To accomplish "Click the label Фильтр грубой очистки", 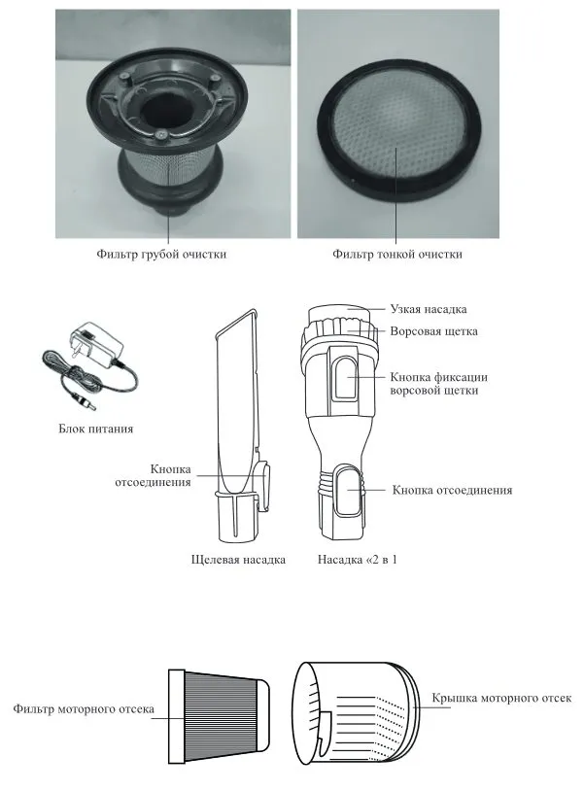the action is tap(161, 254).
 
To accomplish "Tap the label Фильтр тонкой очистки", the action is tap(396, 254).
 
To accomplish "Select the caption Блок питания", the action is tap(96, 429).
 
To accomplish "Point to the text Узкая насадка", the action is tap(429, 309).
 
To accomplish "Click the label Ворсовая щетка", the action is tap(433, 331).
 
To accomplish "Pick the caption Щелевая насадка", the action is tap(238, 560).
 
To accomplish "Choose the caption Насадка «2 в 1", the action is tap(358, 560).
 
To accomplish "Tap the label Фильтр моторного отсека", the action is tap(84, 708).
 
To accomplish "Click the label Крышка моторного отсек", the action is tap(501, 698).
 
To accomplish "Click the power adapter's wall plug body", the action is tap(98, 343).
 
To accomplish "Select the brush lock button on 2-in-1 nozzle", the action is tap(346, 377).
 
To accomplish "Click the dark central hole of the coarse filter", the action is tap(160, 109).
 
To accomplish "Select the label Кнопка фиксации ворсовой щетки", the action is tap(439, 384).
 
